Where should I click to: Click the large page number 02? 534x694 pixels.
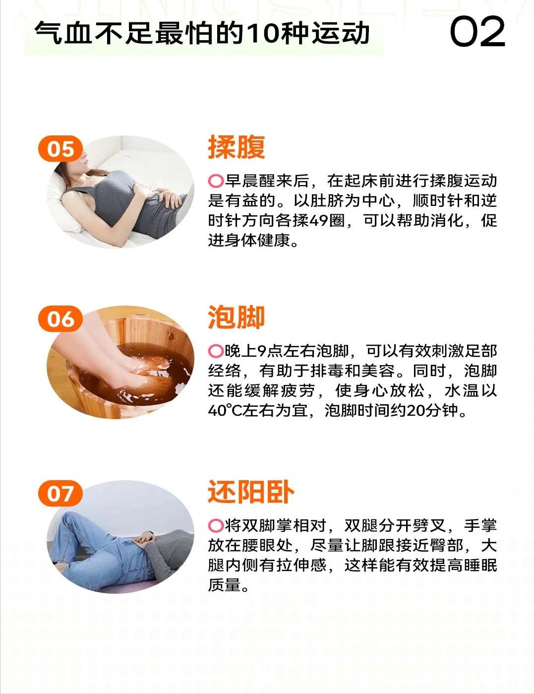tap(477, 32)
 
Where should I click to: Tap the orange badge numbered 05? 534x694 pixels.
tap(60, 148)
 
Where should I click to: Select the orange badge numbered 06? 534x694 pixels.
tap(60, 319)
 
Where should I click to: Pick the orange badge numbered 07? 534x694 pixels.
tap(60, 493)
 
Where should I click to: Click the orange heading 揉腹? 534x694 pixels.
tap(237, 147)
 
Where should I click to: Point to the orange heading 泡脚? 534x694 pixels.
tap(237, 317)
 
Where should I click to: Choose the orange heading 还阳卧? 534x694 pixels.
tap(251, 492)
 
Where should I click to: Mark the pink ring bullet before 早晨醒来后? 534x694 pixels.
tap(216, 181)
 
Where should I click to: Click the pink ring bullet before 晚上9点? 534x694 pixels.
tap(216, 351)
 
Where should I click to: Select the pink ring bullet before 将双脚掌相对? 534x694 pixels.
tap(216, 526)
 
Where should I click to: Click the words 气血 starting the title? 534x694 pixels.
tap(62, 33)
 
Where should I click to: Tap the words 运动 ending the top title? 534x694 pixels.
tap(340, 33)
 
